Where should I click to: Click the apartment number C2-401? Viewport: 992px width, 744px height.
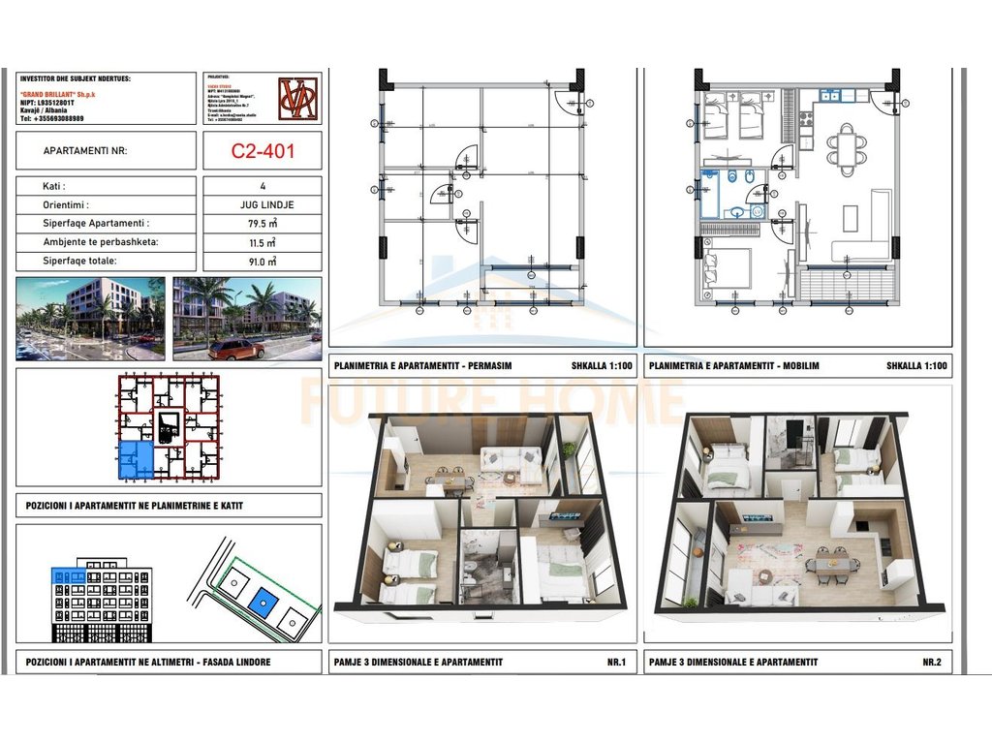pos(262,151)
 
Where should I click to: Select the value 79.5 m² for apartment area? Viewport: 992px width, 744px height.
pos(262,223)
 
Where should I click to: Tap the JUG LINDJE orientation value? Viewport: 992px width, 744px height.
pos(262,204)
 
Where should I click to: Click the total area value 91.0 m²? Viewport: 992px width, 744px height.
pos(262,262)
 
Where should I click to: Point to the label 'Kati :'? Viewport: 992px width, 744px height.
pos(55,186)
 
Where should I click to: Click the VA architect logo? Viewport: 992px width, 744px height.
pos(297,98)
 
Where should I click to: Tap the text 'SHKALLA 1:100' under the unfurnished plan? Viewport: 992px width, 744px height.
pos(598,367)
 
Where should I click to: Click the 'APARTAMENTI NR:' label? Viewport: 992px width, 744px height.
pos(85,151)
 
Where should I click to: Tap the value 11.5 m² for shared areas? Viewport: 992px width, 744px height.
pos(262,242)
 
